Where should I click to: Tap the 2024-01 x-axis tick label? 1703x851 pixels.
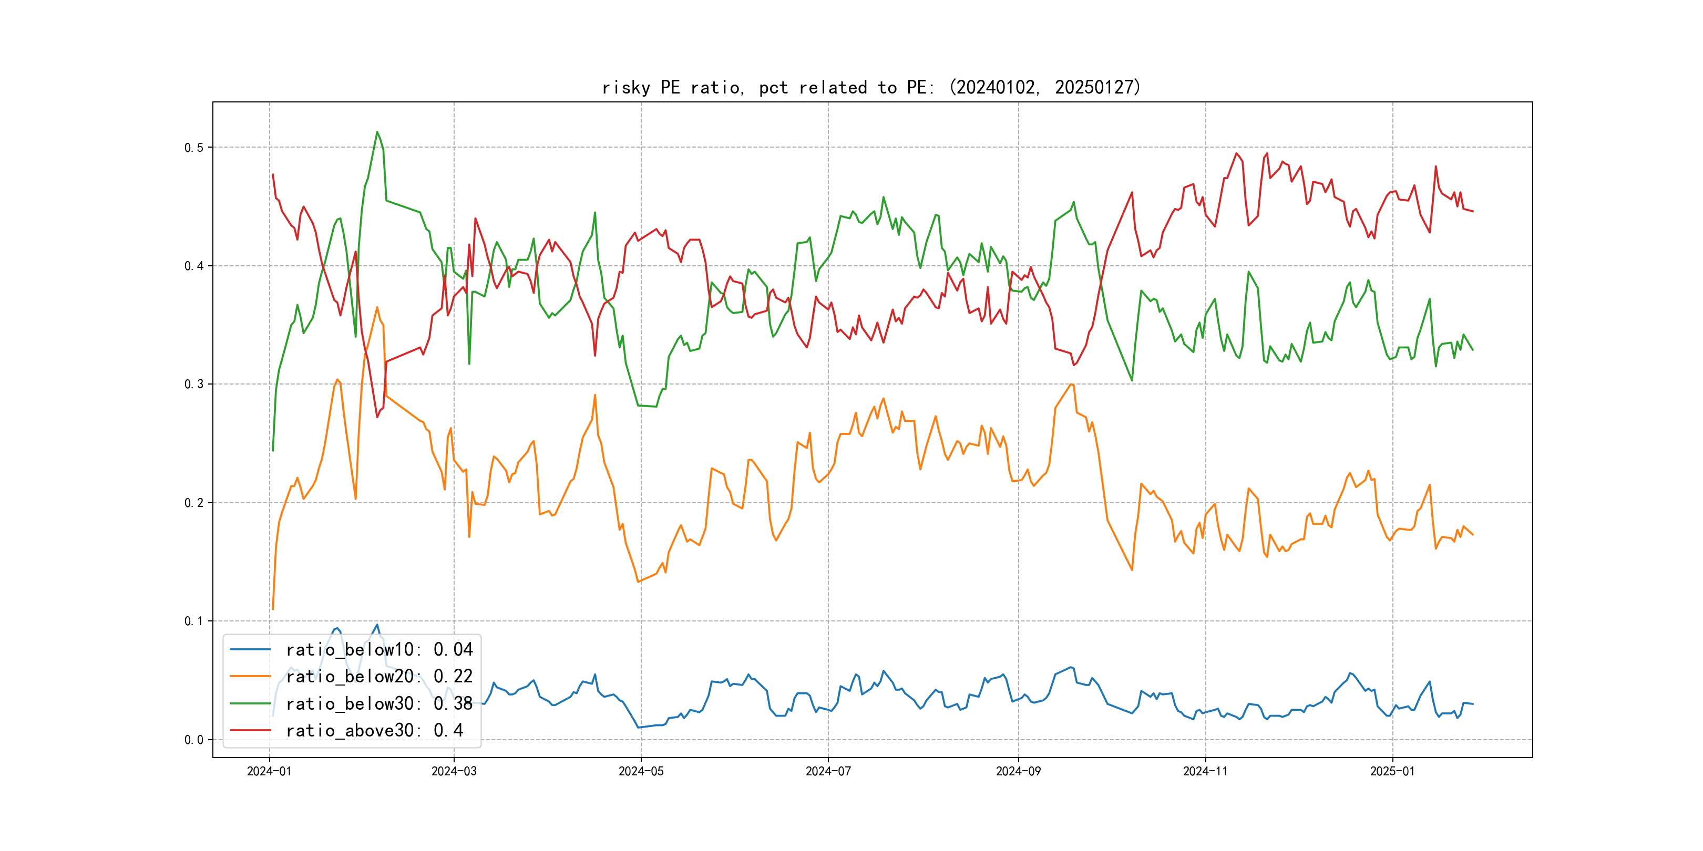(x=269, y=772)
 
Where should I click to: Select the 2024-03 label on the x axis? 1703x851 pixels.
(x=454, y=772)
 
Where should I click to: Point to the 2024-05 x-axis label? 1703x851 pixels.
(x=641, y=772)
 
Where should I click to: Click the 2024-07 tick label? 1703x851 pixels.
(x=828, y=772)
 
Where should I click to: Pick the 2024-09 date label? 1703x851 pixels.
(x=1018, y=772)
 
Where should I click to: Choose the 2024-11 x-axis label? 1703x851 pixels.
(x=1205, y=772)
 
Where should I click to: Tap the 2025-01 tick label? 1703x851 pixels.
(x=1392, y=772)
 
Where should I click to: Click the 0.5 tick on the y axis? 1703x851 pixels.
(x=194, y=147)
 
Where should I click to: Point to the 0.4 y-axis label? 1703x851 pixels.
(x=194, y=266)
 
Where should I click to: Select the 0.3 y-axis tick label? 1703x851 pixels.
(x=194, y=385)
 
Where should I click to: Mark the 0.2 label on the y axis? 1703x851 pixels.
(x=194, y=503)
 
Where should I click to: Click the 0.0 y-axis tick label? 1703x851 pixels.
(x=194, y=740)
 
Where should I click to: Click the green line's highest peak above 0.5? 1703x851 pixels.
(x=377, y=132)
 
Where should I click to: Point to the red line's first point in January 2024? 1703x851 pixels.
(x=273, y=174)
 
